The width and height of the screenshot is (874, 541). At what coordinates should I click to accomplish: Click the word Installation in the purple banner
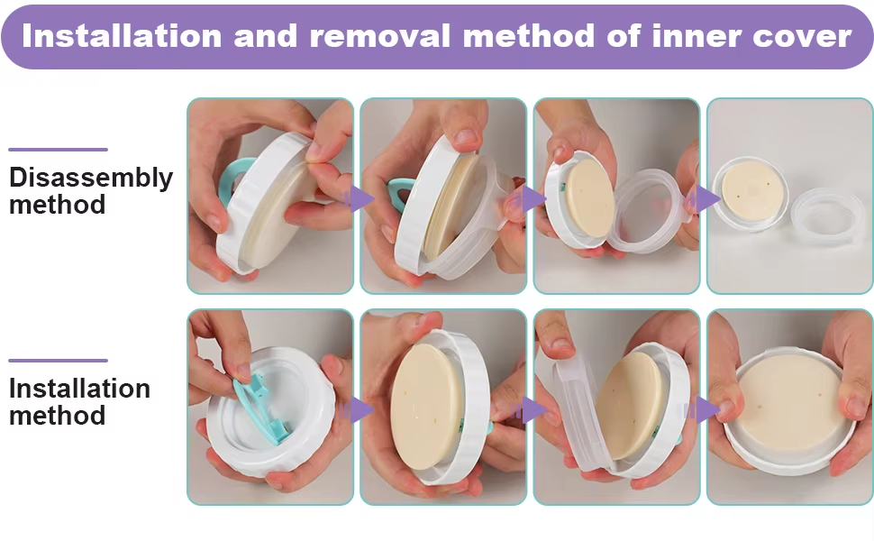[x=122, y=36]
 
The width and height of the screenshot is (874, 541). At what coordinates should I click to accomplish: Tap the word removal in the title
[x=379, y=36]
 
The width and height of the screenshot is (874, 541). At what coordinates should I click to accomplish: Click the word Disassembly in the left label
[x=91, y=179]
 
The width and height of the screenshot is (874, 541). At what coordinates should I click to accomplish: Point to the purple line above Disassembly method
[x=58, y=150]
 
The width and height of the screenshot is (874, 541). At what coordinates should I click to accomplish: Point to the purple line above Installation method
[x=58, y=361]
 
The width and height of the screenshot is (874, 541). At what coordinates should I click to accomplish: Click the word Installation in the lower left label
[x=79, y=389]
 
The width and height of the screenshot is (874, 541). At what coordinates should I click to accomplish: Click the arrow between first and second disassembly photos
[x=357, y=199]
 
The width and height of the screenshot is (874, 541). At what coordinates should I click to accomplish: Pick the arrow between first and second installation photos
[x=357, y=410]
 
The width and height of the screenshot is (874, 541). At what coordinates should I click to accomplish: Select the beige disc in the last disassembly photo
[x=752, y=189]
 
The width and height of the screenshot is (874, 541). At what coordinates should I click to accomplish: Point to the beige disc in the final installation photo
[x=789, y=400]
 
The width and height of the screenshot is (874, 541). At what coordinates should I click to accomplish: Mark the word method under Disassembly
[x=58, y=204]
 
